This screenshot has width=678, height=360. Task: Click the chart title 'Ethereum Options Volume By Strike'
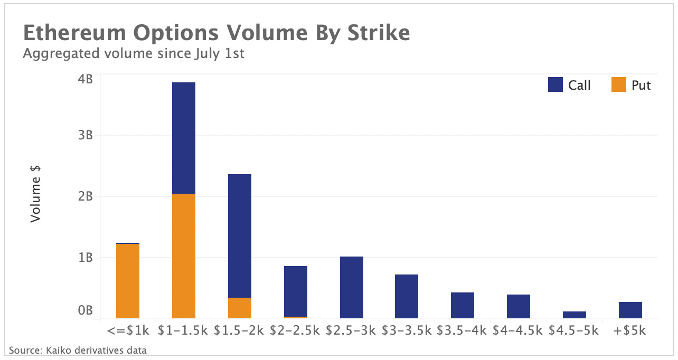[x=216, y=33]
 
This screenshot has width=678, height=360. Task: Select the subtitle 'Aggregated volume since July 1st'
[x=134, y=53]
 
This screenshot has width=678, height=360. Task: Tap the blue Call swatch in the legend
[x=555, y=84]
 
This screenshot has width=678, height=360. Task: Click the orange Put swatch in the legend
[x=619, y=84]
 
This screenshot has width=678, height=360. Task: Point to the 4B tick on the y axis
[x=86, y=79]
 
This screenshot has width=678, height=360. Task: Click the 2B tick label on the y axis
[x=86, y=196]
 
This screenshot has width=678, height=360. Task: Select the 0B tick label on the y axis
[x=86, y=311]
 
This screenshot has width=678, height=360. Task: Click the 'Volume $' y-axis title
[x=35, y=194]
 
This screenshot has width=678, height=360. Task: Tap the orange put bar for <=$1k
[x=128, y=281]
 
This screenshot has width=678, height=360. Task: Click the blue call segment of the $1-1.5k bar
[x=184, y=138]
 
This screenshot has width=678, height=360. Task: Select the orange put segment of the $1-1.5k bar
[x=184, y=256]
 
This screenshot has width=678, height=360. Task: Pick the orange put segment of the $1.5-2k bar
[x=240, y=308]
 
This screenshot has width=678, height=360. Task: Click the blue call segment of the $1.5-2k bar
[x=240, y=236]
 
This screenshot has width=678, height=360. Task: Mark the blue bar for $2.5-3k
[x=352, y=287]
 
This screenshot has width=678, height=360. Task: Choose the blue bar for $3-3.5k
[x=407, y=296]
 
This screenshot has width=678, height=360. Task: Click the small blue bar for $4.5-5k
[x=575, y=315]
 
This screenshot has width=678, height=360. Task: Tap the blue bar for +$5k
[x=630, y=310]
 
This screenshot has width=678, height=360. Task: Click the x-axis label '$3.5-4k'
[x=463, y=331]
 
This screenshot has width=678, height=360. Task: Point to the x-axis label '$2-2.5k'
[x=295, y=331]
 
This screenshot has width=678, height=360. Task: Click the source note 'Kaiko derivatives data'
[x=78, y=350]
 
